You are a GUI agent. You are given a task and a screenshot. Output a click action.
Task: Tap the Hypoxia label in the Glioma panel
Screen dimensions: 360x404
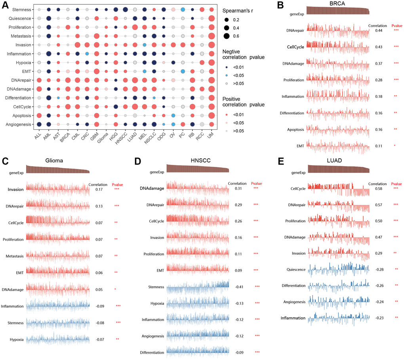pos(16,340)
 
